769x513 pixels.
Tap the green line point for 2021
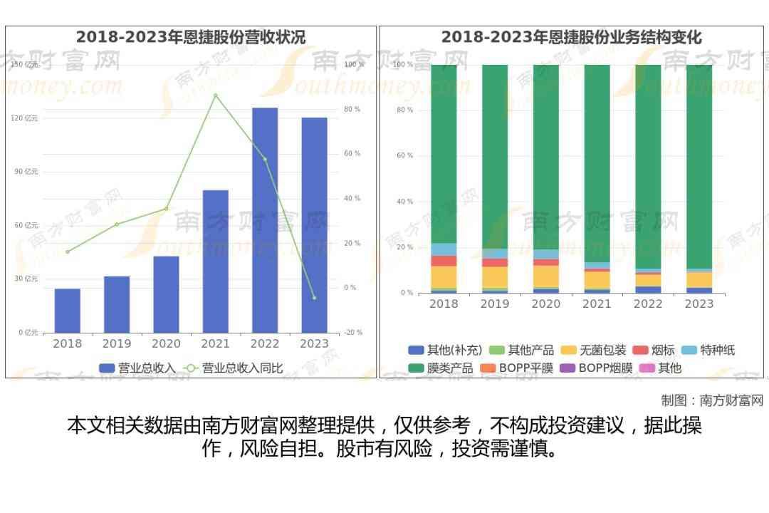coord(216,95)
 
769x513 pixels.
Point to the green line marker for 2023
coord(314,298)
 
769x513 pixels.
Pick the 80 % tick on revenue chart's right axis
coord(352,109)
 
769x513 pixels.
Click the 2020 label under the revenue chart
coord(166,343)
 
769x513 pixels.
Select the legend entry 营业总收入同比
coord(234,368)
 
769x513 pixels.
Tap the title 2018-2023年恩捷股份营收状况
coord(191,37)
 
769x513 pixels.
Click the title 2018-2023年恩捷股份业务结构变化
coord(572,37)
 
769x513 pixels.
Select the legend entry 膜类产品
coord(441,368)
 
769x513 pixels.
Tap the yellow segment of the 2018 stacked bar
coord(444,277)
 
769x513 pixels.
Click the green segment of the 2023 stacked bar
coord(699,164)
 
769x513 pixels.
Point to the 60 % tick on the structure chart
coord(404,155)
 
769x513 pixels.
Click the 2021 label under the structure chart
coord(597,304)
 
